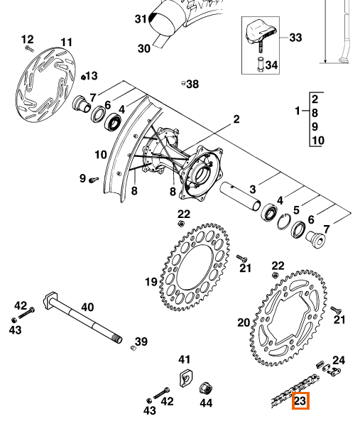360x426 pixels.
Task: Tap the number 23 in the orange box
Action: (300, 400)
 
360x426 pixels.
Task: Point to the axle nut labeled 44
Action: (206, 389)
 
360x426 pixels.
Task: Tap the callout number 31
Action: (141, 19)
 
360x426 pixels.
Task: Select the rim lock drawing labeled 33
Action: (261, 35)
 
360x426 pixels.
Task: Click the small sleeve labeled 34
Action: (261, 65)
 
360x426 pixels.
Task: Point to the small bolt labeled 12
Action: (29, 49)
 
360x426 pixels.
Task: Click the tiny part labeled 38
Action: (183, 83)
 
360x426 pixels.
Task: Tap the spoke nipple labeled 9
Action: (94, 180)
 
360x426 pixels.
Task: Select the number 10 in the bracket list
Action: (318, 141)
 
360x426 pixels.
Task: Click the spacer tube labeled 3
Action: (240, 196)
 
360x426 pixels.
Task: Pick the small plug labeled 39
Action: (133, 348)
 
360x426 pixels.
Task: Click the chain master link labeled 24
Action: (329, 368)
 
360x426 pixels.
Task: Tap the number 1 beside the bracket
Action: (298, 111)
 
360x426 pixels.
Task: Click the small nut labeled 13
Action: (83, 77)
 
